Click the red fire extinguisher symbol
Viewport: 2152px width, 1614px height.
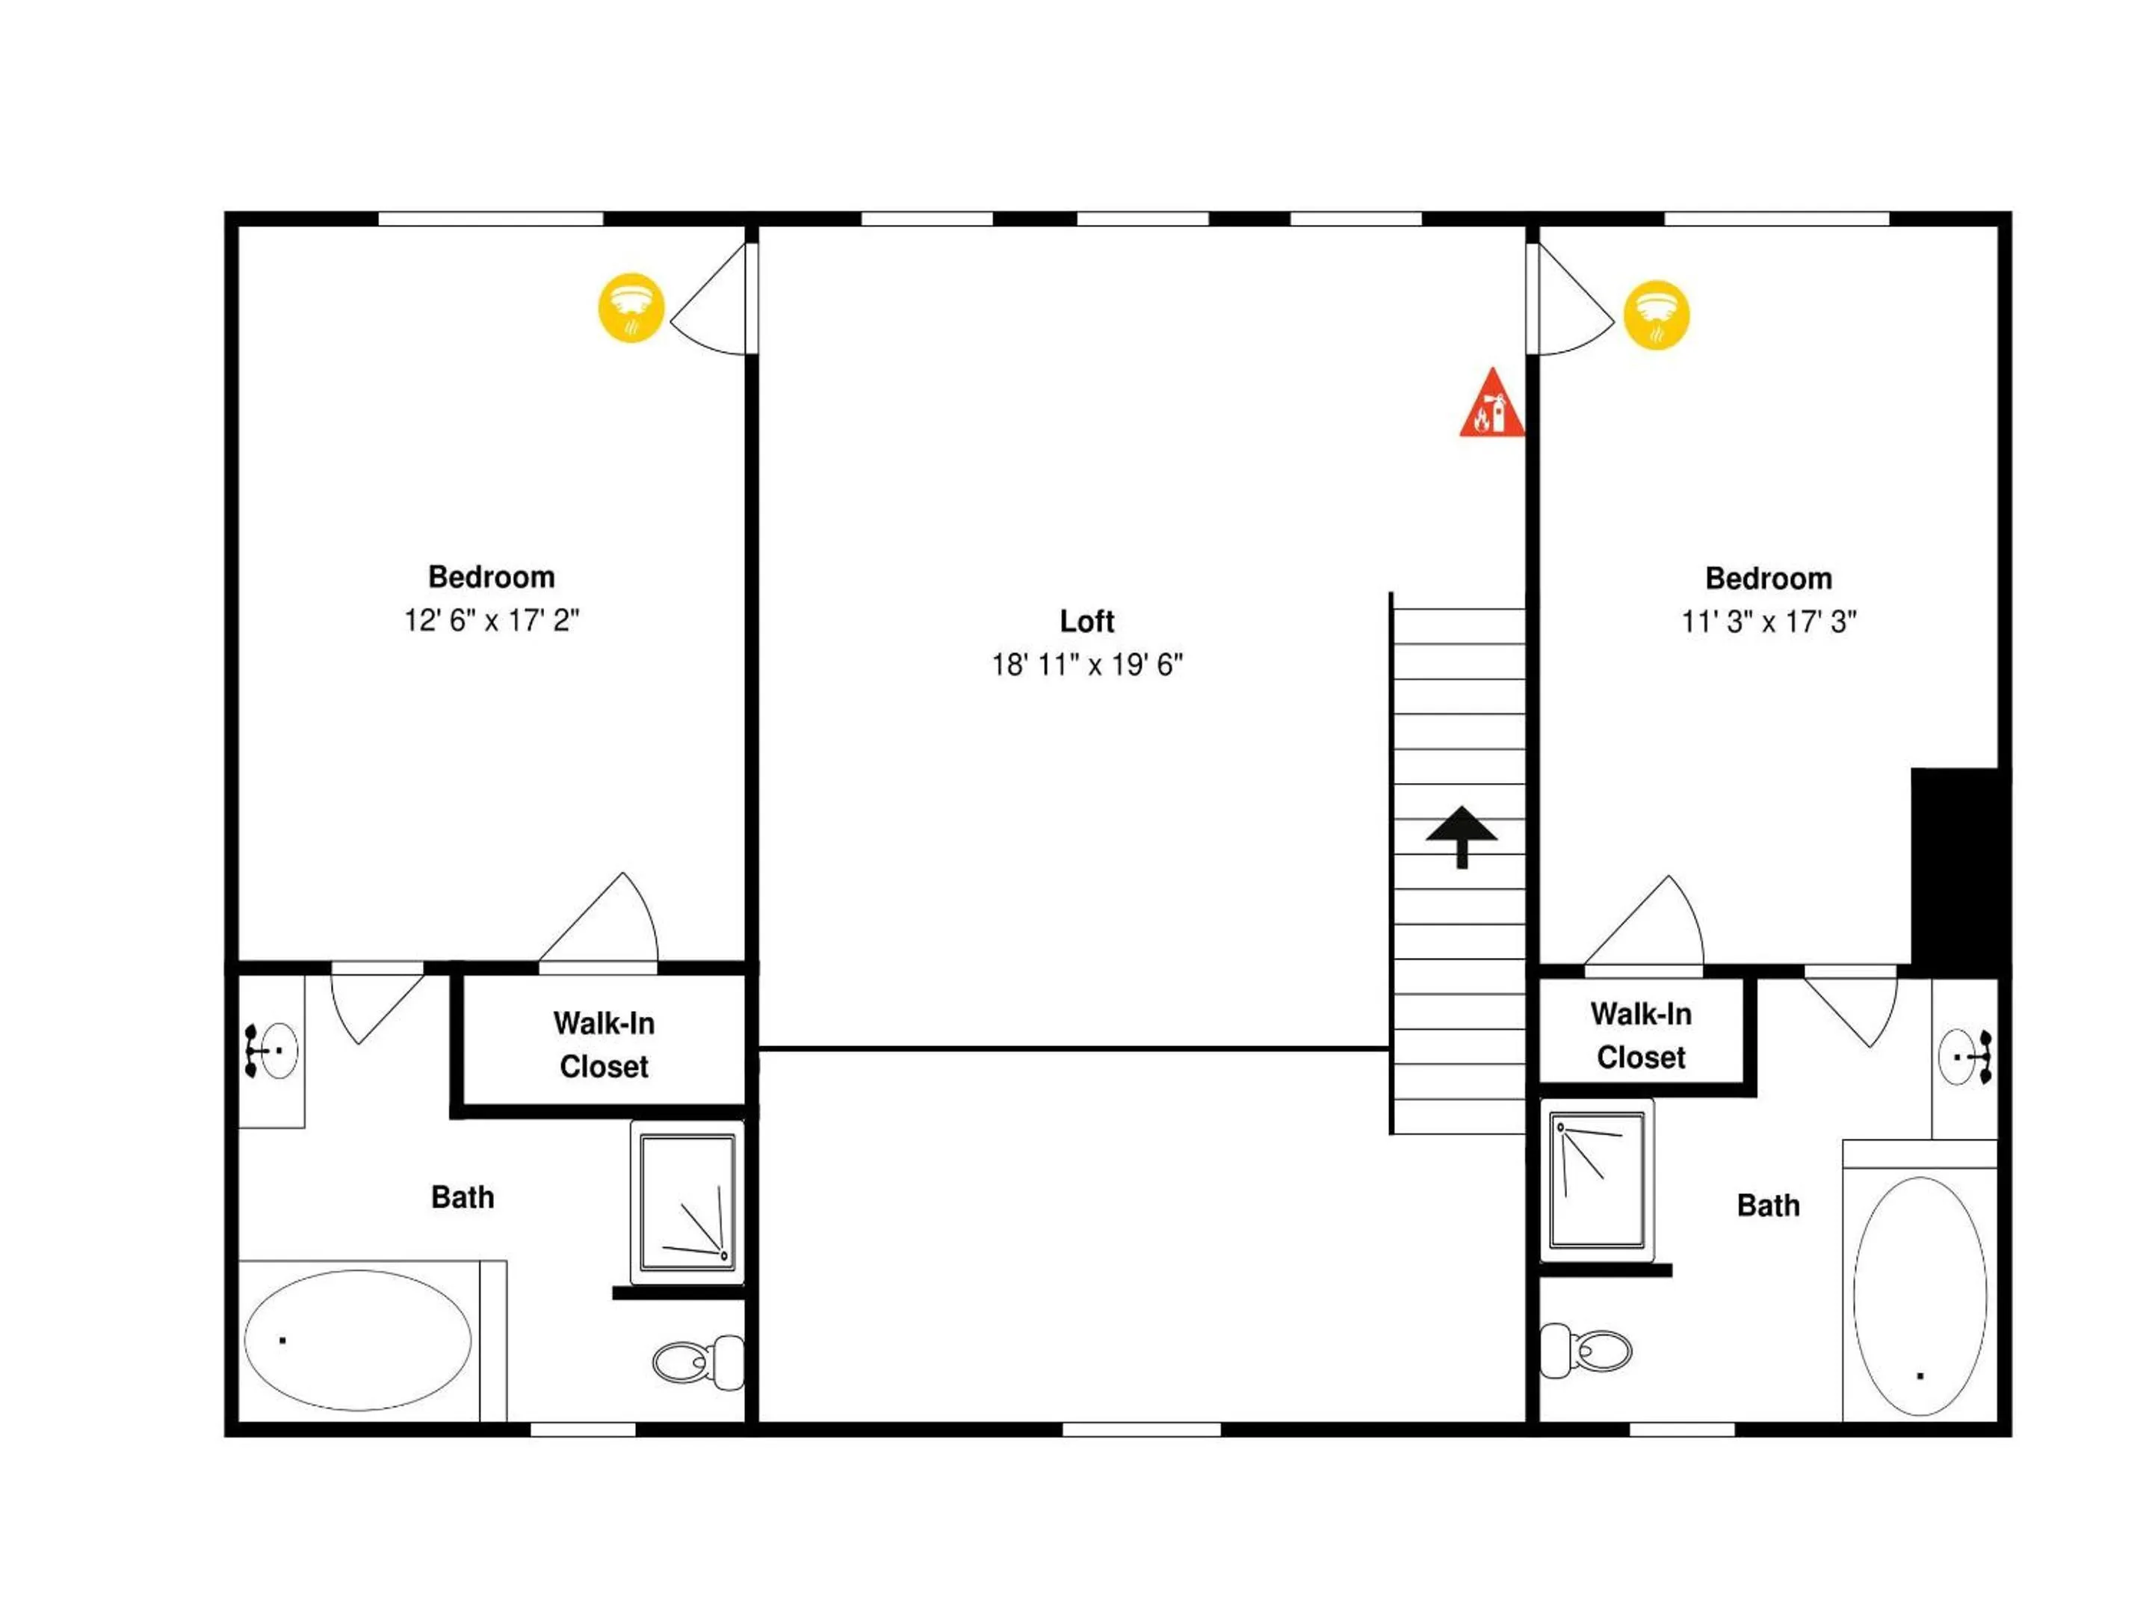click(x=1491, y=403)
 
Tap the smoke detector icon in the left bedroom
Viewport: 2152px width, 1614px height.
click(x=631, y=307)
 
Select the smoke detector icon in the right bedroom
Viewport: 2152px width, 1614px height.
click(x=1657, y=315)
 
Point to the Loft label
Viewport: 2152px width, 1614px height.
click(x=1086, y=621)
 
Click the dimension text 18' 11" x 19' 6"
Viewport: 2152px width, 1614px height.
click(x=1086, y=664)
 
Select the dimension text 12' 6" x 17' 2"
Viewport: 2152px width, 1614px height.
click(x=492, y=619)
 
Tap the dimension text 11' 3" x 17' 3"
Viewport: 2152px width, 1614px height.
click(x=1769, y=622)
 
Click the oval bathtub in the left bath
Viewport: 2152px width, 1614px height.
click(x=358, y=1340)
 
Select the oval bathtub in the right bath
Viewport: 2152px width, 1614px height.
click(x=1920, y=1296)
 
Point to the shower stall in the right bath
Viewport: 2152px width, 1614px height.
click(x=1597, y=1180)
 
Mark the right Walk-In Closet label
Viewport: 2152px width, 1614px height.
click(x=1641, y=1035)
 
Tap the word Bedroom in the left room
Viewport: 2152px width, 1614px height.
click(x=492, y=577)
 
